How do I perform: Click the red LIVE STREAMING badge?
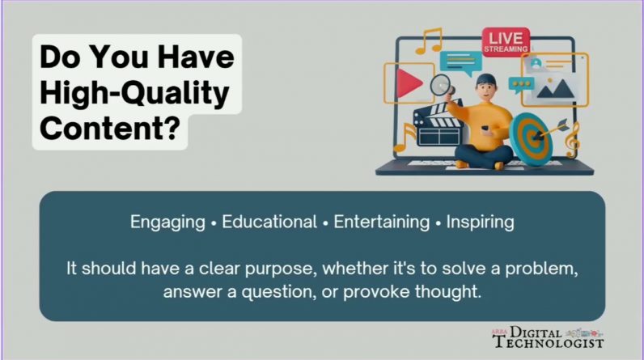coord(506,42)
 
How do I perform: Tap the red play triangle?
coord(409,83)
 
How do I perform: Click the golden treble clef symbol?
coord(573,141)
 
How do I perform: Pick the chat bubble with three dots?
coord(521,85)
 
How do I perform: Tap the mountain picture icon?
coord(555,88)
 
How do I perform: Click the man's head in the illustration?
coord(486,87)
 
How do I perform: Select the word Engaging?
coord(167,222)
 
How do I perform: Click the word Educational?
coord(269,222)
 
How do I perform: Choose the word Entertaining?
coord(382,222)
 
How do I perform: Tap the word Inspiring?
coord(480,222)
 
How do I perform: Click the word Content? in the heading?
coord(110,128)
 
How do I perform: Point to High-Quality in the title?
coord(134,93)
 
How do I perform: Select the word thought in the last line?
coord(447,292)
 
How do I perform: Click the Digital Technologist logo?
coord(549,337)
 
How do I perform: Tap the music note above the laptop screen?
coord(429,40)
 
